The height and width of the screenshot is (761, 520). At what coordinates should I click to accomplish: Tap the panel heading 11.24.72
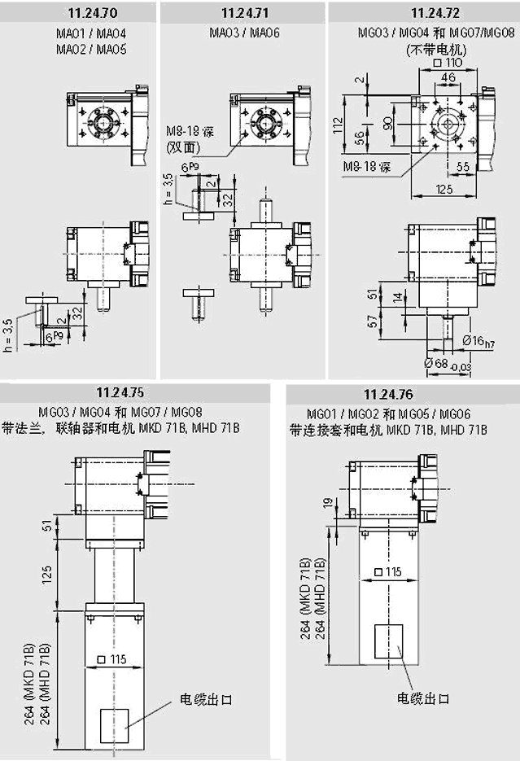(423, 12)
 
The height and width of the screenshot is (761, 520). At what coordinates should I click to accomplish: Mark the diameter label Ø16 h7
(479, 341)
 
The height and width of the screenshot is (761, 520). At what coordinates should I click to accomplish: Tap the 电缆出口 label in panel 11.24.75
(207, 700)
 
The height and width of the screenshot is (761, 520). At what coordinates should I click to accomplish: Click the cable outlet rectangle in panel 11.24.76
(388, 641)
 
